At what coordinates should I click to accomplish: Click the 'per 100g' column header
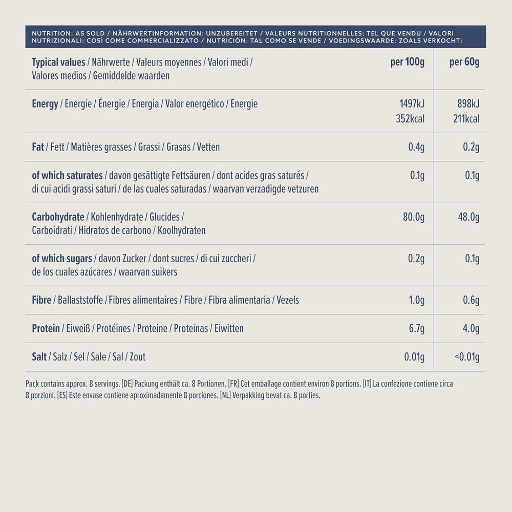point(407,62)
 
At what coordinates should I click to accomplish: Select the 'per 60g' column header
point(464,62)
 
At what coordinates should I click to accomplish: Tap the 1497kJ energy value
point(412,104)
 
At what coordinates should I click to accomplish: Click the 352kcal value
point(410,119)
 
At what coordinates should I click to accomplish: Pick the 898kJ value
point(468,104)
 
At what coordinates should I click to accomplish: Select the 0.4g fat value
point(416,147)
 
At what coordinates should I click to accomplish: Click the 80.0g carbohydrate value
point(414,217)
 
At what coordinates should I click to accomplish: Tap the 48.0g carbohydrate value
point(468,217)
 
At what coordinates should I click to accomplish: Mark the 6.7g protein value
point(416,329)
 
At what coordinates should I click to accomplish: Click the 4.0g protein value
point(471,329)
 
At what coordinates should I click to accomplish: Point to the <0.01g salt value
point(466,357)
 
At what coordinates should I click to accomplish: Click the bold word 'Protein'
point(46,329)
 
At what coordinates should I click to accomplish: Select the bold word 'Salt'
point(39,357)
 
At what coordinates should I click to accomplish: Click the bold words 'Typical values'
point(58,62)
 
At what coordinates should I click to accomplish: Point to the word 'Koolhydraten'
point(182,230)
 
